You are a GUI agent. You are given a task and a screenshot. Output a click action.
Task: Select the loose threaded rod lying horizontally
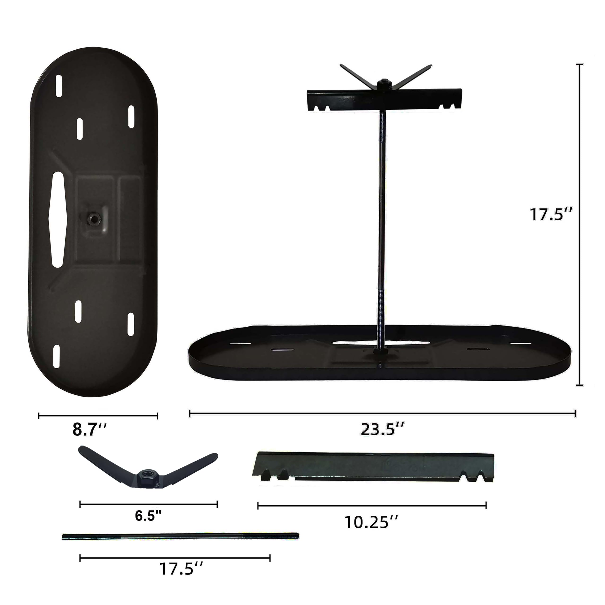click(x=180, y=536)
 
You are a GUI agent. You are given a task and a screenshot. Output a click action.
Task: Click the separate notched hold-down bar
click(x=373, y=467)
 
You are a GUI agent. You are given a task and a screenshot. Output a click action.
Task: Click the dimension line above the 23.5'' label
click(x=382, y=413)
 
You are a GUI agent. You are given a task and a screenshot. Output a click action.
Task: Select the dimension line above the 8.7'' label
click(x=98, y=416)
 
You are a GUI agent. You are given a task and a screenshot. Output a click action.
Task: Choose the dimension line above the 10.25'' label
click(x=372, y=505)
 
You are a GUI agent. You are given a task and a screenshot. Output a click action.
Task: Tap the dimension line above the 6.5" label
click(x=148, y=504)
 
